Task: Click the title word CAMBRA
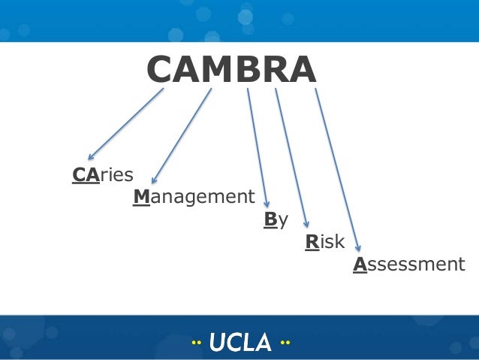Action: (231, 71)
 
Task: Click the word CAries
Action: (102, 175)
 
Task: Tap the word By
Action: (276, 220)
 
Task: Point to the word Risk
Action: (324, 242)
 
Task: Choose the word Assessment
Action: (409, 265)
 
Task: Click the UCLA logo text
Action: (240, 343)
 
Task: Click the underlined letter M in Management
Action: (141, 198)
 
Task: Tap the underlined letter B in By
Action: (270, 219)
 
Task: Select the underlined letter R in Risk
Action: (310, 242)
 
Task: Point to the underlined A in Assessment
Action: (360, 265)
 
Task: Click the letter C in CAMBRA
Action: (161, 71)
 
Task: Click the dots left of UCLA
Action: (196, 343)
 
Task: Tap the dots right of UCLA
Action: (285, 343)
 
